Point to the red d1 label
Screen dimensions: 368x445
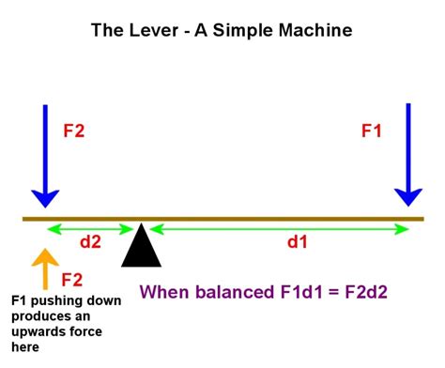pyautogui.click(x=297, y=242)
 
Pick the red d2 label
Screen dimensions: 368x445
pyautogui.click(x=89, y=242)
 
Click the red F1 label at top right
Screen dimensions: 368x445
pyautogui.click(x=372, y=131)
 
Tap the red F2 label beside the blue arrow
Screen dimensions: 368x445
pyautogui.click(x=73, y=131)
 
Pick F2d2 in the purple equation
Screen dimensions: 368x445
pyautogui.click(x=368, y=292)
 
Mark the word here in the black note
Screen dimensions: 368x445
pyautogui.click(x=25, y=347)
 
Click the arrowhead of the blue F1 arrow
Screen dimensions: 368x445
pyautogui.click(x=407, y=194)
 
